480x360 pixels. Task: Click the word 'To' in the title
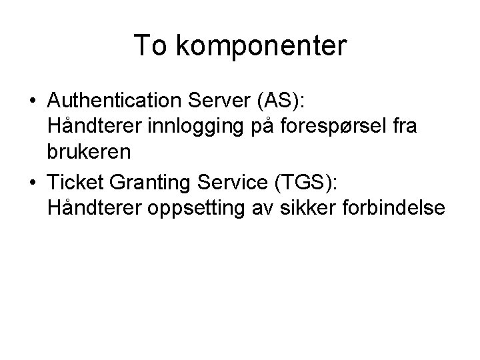pyautogui.click(x=149, y=45)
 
